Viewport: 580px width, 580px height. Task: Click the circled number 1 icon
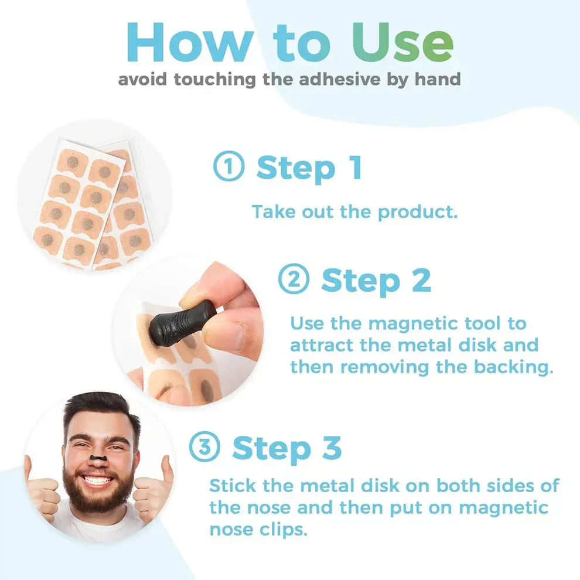228,168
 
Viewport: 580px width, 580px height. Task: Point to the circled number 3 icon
204,448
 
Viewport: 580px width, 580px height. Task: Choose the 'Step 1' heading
309,168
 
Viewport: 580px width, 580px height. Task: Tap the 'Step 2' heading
376,281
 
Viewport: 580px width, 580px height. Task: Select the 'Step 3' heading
286,448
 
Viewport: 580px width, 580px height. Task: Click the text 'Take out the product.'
354,211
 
